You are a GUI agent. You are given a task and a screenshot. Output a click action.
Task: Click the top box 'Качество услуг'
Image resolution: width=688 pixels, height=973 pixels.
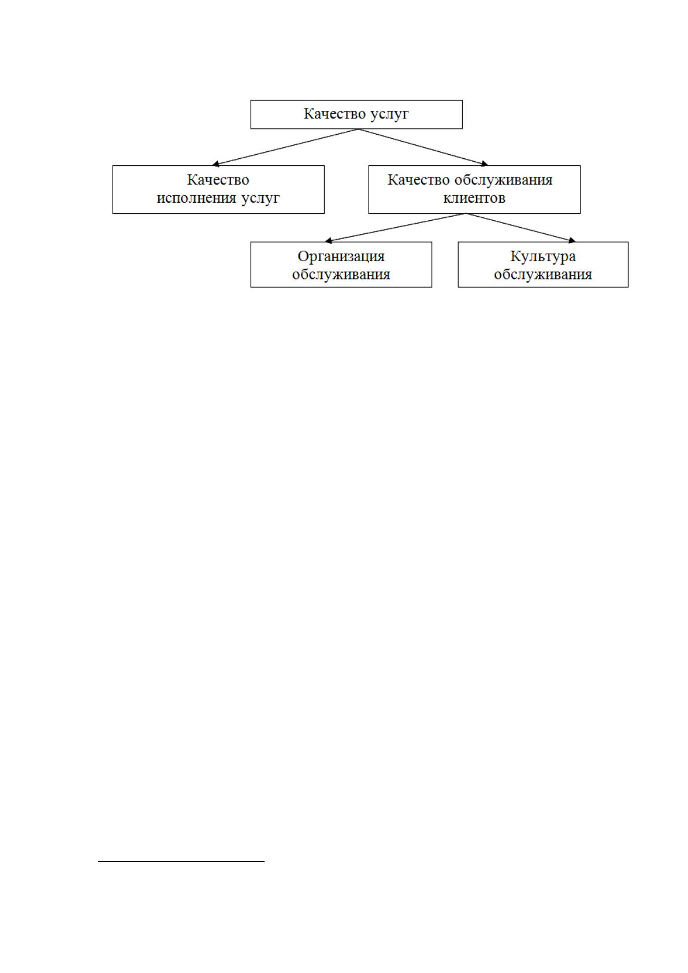click(356, 114)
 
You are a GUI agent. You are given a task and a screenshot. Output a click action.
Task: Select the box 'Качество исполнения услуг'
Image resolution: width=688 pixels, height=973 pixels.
click(218, 190)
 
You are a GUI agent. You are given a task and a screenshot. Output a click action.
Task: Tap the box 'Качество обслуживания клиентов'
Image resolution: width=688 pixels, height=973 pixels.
click(474, 190)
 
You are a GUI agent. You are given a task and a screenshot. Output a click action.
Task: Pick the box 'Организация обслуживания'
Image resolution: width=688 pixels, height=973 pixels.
click(341, 265)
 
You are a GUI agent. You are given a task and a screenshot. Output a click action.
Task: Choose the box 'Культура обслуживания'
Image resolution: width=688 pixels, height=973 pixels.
click(543, 265)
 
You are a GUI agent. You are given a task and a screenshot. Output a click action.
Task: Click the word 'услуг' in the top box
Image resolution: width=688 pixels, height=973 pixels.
click(389, 114)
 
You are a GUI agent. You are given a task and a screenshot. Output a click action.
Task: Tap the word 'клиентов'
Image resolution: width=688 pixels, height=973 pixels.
click(474, 198)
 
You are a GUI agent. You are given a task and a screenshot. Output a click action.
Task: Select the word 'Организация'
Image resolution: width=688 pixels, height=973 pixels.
click(341, 257)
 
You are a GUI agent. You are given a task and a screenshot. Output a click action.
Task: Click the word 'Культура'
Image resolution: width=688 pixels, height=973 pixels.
click(543, 257)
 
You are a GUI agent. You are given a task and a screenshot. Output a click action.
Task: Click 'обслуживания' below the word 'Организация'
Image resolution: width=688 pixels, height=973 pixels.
click(341, 274)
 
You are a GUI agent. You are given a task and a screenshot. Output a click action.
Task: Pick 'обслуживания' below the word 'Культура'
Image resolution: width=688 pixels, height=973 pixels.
click(543, 274)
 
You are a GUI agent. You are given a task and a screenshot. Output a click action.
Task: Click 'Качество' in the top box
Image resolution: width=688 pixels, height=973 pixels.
click(334, 114)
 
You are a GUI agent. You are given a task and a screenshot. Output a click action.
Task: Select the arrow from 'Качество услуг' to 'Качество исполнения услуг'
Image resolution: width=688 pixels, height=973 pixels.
click(284, 147)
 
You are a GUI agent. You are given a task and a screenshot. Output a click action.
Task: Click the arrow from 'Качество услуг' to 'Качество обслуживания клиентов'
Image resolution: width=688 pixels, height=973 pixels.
click(423, 147)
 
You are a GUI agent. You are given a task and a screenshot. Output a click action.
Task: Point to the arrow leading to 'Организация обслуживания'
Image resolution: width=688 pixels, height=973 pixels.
click(395, 228)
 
